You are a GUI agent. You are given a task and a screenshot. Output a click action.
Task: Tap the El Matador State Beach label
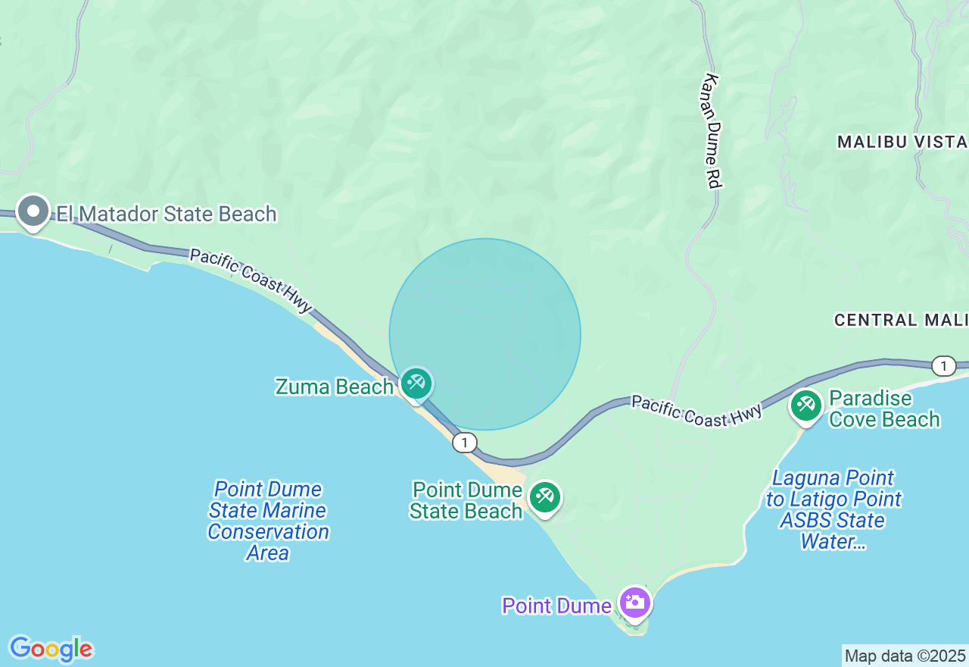click(x=167, y=214)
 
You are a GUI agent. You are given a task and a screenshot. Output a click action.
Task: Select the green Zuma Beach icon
click(x=416, y=384)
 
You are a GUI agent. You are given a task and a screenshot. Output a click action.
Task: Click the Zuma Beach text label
click(x=334, y=387)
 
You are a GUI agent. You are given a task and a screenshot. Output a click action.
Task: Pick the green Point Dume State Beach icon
click(x=544, y=497)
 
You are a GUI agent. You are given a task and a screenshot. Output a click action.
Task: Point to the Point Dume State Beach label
click(x=466, y=500)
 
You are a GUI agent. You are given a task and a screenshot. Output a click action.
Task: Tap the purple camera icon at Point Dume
click(x=634, y=603)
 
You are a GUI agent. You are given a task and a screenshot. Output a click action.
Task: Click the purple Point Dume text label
click(x=556, y=606)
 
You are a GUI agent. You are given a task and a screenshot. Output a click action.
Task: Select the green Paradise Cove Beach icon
click(x=806, y=406)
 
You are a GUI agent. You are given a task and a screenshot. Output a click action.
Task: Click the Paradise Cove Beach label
click(x=884, y=409)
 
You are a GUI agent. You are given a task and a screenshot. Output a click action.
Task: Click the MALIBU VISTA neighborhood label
click(x=902, y=142)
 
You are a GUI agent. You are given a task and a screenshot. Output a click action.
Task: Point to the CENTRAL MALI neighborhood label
click(x=900, y=320)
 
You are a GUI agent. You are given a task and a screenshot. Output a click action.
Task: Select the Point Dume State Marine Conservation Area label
click(x=268, y=521)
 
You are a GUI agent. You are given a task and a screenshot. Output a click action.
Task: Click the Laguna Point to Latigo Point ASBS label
click(x=833, y=509)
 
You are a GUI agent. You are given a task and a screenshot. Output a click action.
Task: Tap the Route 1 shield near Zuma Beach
click(x=465, y=443)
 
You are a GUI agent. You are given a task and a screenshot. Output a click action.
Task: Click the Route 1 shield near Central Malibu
click(x=943, y=366)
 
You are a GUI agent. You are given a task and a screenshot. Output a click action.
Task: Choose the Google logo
click(x=51, y=649)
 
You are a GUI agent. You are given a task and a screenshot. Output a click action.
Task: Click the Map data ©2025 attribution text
click(x=905, y=656)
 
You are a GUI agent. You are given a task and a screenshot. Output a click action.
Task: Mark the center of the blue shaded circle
click(x=485, y=334)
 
